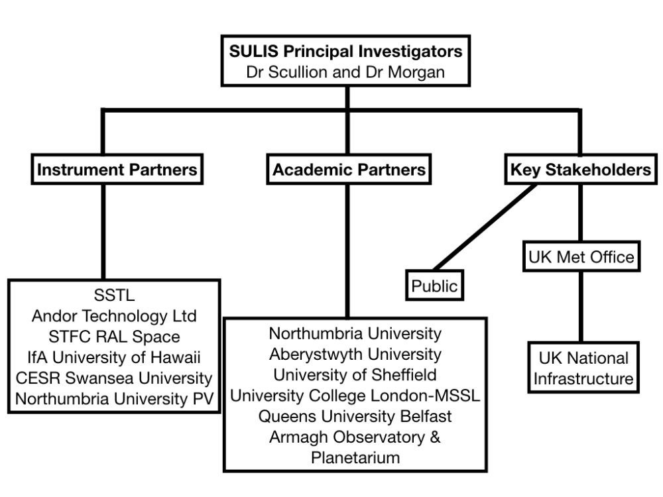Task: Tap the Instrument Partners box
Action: pyautogui.click(x=117, y=170)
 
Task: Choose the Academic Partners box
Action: pyautogui.click(x=349, y=170)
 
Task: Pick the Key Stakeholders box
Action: pyautogui.click(x=580, y=170)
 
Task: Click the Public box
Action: pyautogui.click(x=434, y=286)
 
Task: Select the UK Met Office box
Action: pyautogui.click(x=581, y=256)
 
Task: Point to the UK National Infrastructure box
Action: pyautogui.click(x=581, y=368)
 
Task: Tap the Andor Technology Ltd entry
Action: pyautogui.click(x=115, y=316)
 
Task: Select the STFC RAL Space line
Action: pyautogui.click(x=115, y=337)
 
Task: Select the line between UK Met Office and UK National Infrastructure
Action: pyautogui.click(x=581, y=305)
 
